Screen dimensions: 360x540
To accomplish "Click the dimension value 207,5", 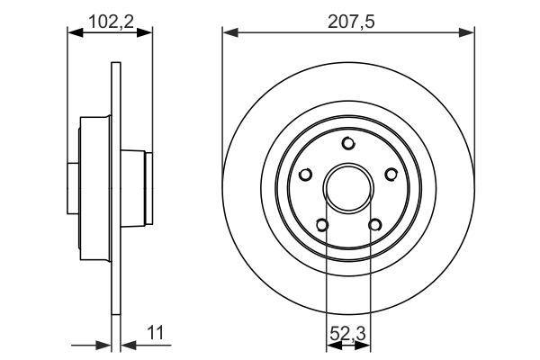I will pyautogui.click(x=348, y=18).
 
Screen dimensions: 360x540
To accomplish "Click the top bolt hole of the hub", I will pyautogui.click(x=348, y=142).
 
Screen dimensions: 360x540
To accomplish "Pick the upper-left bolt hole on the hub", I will pyautogui.click(x=306, y=175).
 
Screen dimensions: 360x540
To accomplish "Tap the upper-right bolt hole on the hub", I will pyautogui.click(x=391, y=175).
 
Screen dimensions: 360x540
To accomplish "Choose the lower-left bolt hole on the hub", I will pyautogui.click(x=322, y=225).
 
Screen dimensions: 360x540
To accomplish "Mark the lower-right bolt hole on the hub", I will pyautogui.click(x=374, y=225).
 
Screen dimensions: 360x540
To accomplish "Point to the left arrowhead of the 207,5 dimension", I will pyautogui.click(x=229, y=32).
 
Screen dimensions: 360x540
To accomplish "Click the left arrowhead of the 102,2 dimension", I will pyautogui.click(x=75, y=32).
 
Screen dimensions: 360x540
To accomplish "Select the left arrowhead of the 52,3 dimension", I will pyautogui.click(x=331, y=344).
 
